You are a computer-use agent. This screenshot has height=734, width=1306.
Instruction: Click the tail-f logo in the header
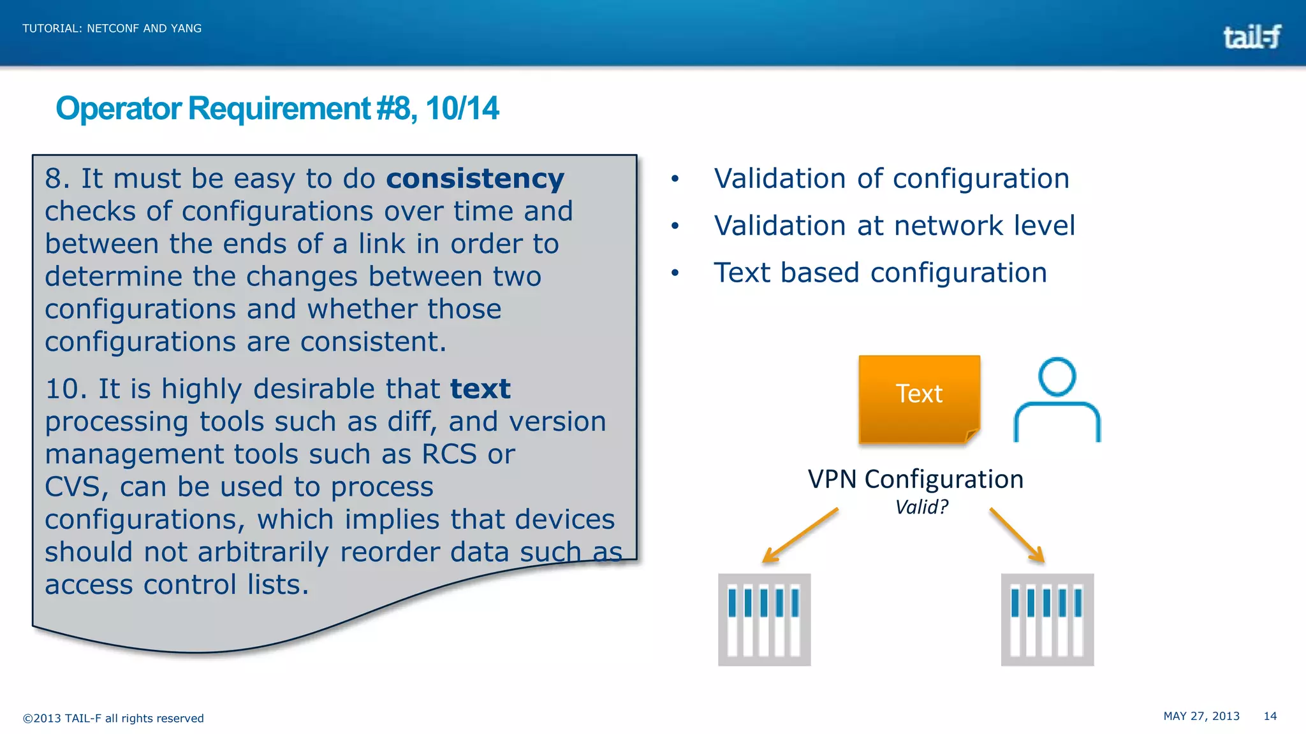point(1251,37)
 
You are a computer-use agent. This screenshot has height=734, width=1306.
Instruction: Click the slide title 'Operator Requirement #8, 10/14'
point(277,108)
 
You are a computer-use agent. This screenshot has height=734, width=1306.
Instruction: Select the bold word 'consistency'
point(475,179)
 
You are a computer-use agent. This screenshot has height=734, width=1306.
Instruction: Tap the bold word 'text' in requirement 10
point(480,389)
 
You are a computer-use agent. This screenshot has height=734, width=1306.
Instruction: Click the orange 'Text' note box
point(919,398)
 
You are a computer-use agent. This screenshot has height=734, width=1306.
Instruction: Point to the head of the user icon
point(1057,377)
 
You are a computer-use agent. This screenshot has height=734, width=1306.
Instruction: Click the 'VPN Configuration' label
point(915,479)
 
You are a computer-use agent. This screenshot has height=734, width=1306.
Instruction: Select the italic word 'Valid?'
point(921,507)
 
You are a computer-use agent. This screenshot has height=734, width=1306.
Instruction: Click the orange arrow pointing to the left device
point(800,535)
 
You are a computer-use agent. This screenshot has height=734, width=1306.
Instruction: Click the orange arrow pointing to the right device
point(1017,535)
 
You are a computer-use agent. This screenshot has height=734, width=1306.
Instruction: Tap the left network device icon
point(764,619)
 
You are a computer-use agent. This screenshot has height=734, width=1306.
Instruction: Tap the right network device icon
point(1047,619)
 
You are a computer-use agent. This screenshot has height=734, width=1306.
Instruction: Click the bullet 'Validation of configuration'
point(891,179)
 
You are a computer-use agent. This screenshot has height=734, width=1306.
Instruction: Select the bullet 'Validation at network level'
point(894,226)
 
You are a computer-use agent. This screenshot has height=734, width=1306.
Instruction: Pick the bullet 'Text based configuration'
point(880,273)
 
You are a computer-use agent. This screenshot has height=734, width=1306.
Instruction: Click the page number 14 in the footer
point(1270,716)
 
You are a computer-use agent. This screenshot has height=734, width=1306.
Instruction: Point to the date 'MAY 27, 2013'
point(1201,716)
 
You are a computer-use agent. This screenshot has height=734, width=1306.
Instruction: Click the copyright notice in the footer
point(114,718)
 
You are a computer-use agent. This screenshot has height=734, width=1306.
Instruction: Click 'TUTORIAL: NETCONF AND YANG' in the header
point(112,29)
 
